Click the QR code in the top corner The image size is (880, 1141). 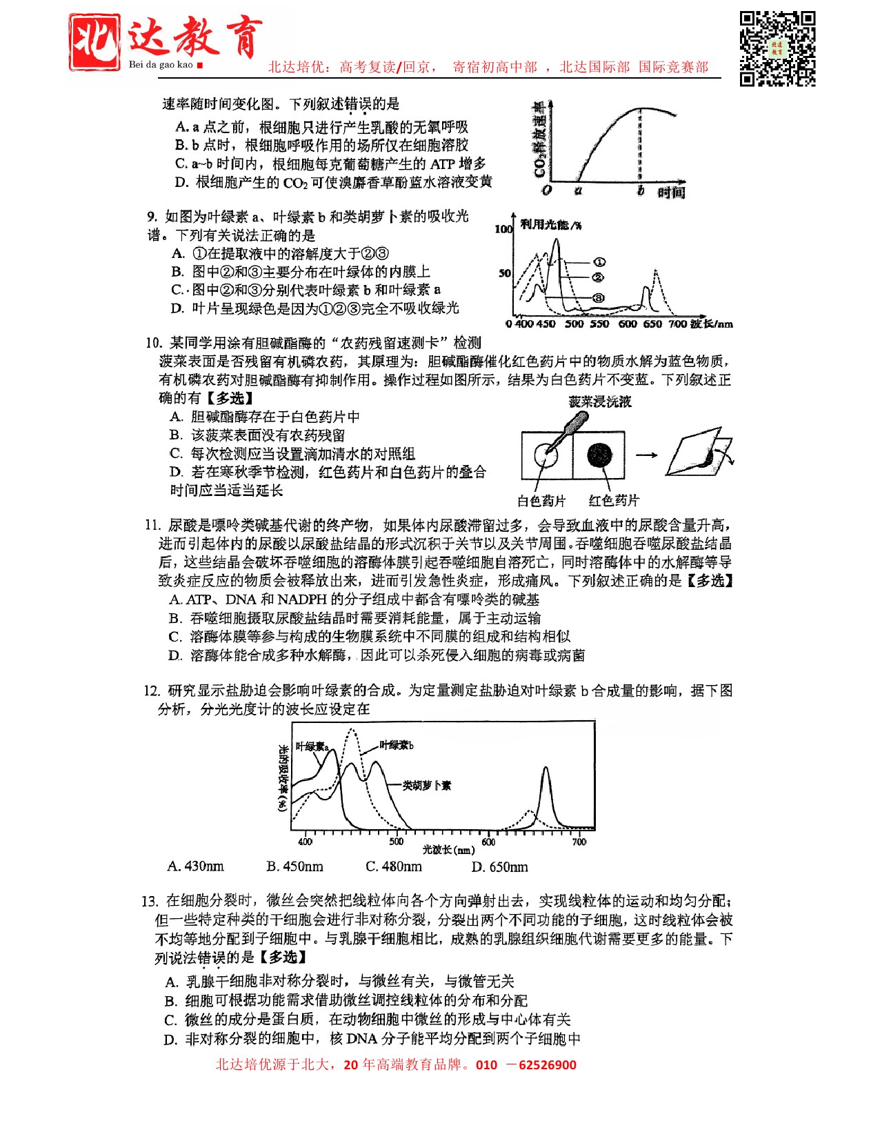point(777,48)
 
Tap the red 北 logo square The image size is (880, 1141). point(94,42)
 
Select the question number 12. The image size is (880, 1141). point(152,691)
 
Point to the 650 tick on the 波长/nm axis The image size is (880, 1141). point(652,324)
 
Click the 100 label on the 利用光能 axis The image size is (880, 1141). point(503,228)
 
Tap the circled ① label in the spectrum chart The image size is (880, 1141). point(599,262)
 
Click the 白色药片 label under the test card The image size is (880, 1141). point(541,501)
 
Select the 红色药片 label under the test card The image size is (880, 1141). point(614,501)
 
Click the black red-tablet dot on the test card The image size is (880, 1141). point(599,455)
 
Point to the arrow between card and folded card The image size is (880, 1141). point(646,455)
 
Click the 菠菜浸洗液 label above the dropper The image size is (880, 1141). point(599,401)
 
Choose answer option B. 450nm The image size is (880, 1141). point(294,866)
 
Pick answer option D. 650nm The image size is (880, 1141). point(499,866)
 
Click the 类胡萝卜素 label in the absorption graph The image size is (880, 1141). point(427,785)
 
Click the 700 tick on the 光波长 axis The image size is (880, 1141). point(579,841)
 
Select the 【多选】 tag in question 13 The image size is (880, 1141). point(283,957)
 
